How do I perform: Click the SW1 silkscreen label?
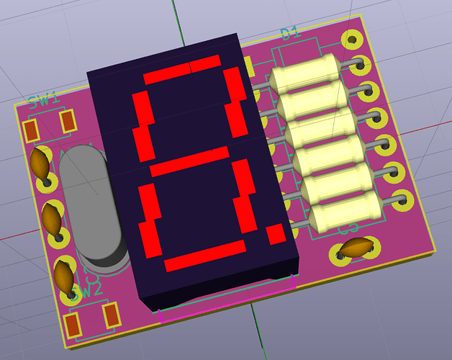[x=42, y=99]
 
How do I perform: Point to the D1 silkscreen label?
[x=289, y=33]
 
